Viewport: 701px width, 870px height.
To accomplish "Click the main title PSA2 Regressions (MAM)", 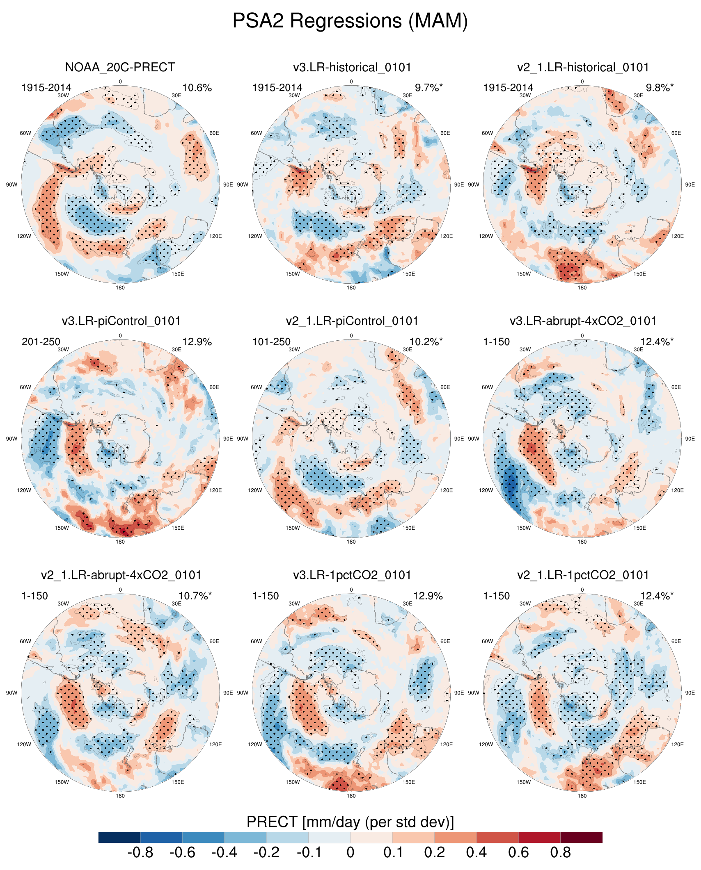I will coord(350,20).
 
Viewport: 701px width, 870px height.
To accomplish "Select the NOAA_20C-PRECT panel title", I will coord(120,67).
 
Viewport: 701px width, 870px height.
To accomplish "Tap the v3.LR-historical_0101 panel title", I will coord(352,67).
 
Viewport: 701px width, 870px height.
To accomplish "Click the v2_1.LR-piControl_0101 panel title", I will coord(352,321).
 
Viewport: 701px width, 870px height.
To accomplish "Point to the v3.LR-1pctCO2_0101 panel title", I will coord(352,575).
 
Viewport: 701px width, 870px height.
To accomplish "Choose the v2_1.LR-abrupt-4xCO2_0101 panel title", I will coord(121,575).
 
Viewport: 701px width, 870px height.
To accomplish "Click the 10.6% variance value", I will coord(197,88).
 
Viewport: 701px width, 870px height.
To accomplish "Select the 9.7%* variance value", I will coord(428,88).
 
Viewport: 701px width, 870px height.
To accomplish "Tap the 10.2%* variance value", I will coord(426,342).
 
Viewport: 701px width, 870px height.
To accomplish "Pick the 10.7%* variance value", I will coord(195,596).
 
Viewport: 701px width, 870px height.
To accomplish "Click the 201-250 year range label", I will coord(41,342).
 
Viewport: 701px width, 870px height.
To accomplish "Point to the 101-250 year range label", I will coord(271,342).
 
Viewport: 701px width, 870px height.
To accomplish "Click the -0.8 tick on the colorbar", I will coord(140,853).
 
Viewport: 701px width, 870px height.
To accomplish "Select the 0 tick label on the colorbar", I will coord(350,853).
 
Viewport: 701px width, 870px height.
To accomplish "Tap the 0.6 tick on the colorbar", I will coord(518,853).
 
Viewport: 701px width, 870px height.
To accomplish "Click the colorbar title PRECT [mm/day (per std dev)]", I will coord(350,822).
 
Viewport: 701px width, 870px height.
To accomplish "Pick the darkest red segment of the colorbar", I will coord(581,838).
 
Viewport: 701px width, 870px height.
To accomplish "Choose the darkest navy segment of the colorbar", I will coord(119,838).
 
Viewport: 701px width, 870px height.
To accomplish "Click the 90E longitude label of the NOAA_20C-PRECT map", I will coord(228,185).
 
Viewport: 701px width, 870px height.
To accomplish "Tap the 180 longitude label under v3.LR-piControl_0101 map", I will coord(120,542).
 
